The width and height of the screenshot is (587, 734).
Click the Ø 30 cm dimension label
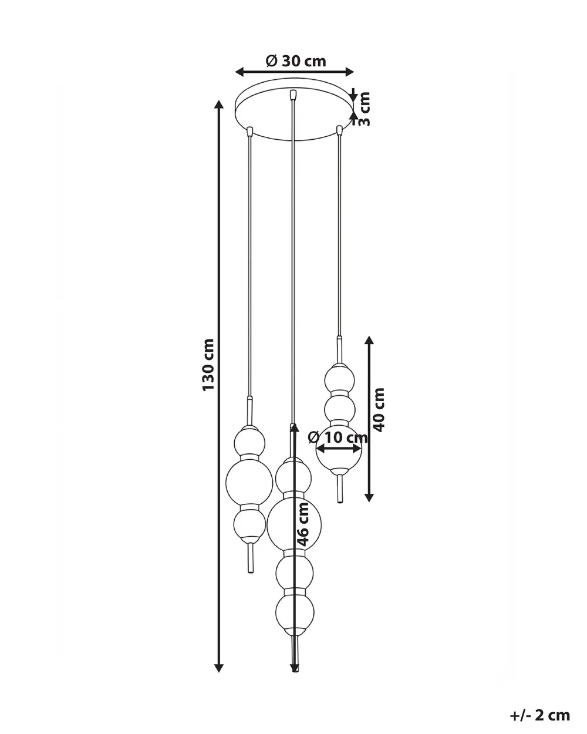(x=296, y=62)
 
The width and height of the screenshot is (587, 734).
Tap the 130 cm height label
(x=208, y=365)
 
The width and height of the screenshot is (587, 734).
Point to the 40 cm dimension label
(x=379, y=410)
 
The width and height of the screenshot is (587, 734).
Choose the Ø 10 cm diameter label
(x=338, y=437)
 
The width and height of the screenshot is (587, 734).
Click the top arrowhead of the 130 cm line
(x=218, y=104)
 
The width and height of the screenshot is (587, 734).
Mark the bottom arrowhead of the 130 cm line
(x=218, y=668)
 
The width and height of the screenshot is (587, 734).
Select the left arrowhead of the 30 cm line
(x=239, y=72)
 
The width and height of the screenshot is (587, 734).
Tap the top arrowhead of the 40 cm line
(x=369, y=341)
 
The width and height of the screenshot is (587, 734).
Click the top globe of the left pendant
(x=249, y=442)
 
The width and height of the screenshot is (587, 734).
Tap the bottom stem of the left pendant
(x=251, y=560)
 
